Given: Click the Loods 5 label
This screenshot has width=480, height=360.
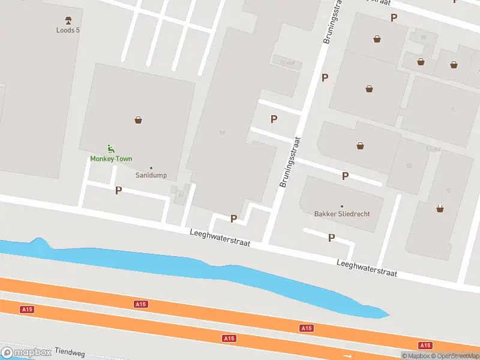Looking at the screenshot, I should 68,30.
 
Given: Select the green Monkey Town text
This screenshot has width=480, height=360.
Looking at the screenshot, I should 111,159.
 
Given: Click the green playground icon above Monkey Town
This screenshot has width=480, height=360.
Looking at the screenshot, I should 110,148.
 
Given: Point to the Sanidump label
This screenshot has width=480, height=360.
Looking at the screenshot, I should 151,176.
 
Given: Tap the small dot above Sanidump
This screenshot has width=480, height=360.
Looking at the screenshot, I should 151,168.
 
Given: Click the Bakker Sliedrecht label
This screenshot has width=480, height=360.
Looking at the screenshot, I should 342,214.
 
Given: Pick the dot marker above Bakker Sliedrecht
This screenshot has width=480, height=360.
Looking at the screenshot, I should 342,206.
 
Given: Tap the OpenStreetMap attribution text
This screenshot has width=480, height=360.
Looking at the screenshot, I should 454,356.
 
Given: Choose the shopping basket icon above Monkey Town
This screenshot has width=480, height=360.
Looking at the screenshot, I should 139,120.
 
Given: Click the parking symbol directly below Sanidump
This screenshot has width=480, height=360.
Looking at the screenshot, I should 118,190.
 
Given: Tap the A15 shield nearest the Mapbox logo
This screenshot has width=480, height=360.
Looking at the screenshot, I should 26,310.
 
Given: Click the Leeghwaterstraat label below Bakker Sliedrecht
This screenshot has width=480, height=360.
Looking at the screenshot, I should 367,268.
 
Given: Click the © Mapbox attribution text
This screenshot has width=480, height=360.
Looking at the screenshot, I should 415,356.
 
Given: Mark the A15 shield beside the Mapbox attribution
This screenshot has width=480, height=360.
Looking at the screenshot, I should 425,345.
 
